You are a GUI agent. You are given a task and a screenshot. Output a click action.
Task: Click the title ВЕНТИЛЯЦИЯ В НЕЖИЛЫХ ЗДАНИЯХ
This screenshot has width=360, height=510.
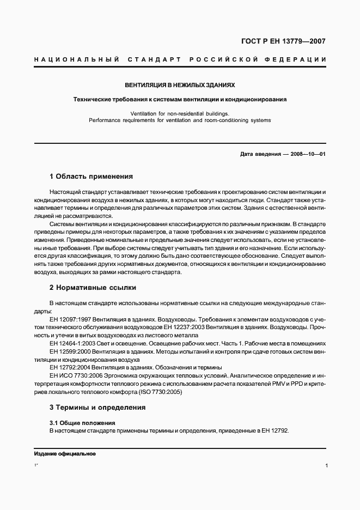(x=180, y=86)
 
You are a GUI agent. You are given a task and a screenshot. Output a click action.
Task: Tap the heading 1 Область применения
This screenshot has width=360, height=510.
(x=91, y=177)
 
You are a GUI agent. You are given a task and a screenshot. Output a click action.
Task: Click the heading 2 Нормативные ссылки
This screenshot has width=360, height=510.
(x=93, y=287)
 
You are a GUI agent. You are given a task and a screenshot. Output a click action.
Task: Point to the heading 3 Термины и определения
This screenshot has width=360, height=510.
(x=97, y=407)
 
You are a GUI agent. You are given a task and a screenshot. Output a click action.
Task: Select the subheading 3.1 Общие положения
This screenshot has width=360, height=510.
(x=82, y=422)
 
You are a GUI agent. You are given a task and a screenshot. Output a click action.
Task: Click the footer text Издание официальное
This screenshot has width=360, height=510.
(x=65, y=454)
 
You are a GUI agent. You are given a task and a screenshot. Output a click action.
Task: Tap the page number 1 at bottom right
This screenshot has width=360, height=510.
(x=325, y=466)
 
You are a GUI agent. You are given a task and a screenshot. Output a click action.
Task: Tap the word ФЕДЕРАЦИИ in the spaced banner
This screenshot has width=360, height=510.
(x=296, y=59)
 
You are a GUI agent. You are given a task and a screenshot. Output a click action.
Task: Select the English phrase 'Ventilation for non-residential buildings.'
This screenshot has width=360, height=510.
(x=180, y=113)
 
